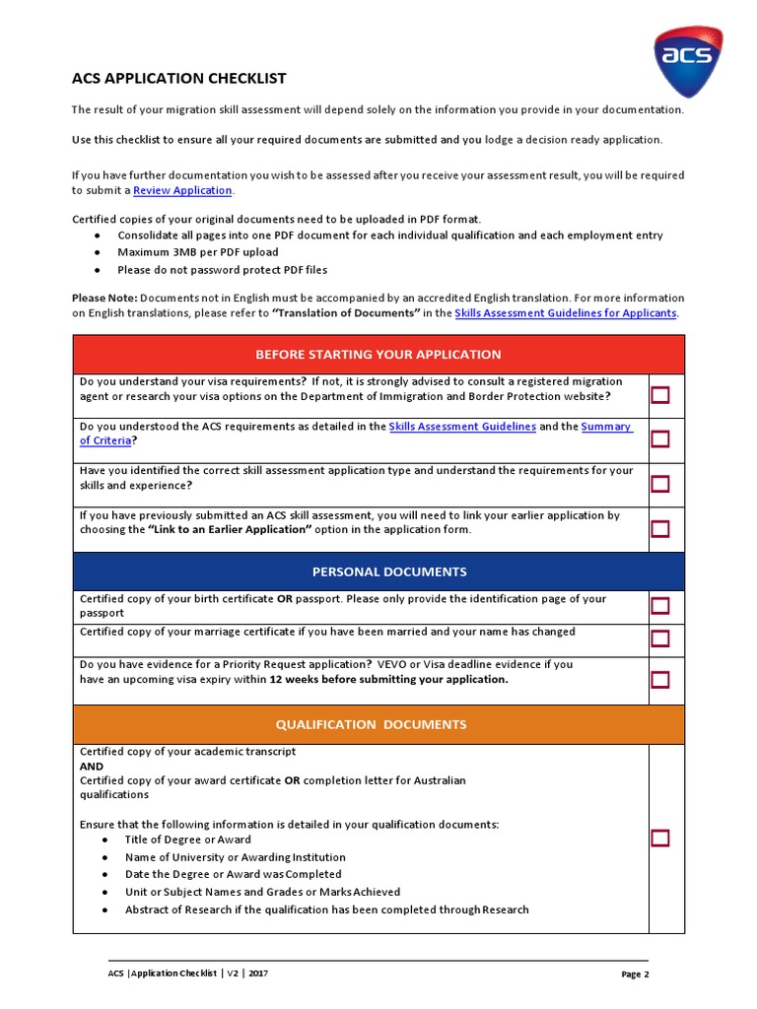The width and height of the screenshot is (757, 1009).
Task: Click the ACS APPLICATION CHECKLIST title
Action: (x=179, y=78)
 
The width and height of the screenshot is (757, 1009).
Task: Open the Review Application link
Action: (x=182, y=190)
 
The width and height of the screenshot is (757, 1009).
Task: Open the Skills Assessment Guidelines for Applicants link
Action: (x=565, y=312)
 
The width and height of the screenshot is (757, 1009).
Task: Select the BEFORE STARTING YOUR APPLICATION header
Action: (x=378, y=354)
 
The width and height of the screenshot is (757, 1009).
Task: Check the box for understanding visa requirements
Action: (x=659, y=395)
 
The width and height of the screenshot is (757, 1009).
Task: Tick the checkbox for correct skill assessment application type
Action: (x=659, y=484)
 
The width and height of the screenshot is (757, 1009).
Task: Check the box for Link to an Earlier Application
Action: (x=659, y=528)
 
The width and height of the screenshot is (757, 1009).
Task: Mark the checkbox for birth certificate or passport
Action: (x=659, y=605)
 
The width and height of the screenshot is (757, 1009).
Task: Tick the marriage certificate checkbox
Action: (x=659, y=639)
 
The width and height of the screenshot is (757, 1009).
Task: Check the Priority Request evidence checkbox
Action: (x=659, y=679)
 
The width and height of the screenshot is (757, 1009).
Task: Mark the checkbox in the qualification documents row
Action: (x=659, y=839)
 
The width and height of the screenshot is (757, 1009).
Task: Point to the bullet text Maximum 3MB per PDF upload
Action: (x=197, y=252)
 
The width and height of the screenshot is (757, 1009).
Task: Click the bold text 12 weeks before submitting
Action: (x=388, y=679)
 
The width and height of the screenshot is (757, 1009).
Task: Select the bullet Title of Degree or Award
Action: (x=187, y=840)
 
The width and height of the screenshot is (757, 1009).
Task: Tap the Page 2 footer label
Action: (x=635, y=975)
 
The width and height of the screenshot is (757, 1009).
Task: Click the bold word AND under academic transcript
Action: (x=92, y=766)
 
